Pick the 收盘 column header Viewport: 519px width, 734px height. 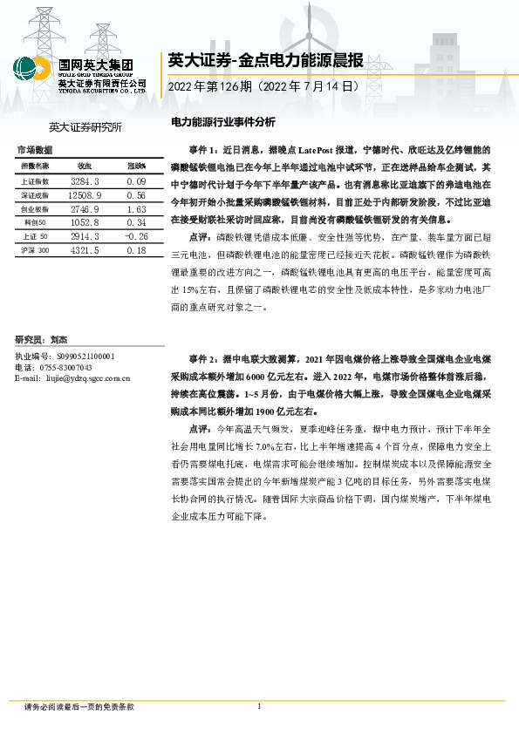point(85,166)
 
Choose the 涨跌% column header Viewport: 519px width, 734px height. point(136,166)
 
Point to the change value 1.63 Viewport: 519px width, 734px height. point(135,210)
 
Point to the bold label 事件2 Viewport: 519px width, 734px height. point(201,358)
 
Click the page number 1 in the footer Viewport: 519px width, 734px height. point(259,706)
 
